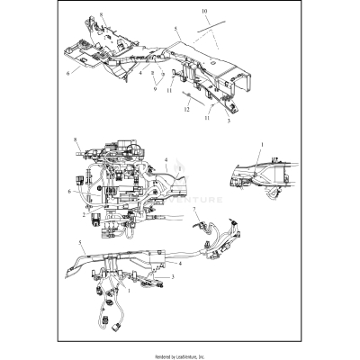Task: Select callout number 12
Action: (x=186, y=109)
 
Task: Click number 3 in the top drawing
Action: (x=228, y=120)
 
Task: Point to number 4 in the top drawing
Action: (x=139, y=72)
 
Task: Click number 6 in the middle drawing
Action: (x=68, y=191)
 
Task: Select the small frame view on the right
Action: (x=265, y=175)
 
